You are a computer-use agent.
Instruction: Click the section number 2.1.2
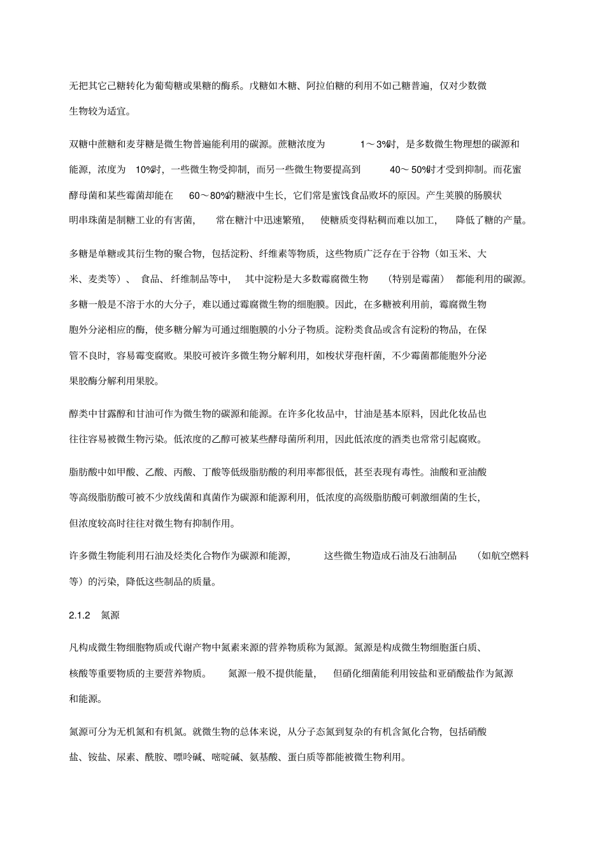coord(80,616)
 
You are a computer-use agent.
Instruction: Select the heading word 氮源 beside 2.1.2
coord(110,616)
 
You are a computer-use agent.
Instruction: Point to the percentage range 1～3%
coord(375,144)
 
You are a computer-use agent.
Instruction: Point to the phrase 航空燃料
coord(509,556)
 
